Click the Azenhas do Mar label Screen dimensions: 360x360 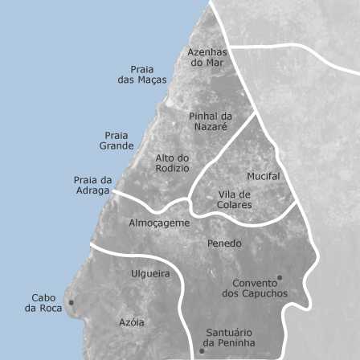click(207, 57)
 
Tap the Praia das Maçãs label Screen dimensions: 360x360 click(142, 75)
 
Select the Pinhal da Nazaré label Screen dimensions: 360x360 click(210, 121)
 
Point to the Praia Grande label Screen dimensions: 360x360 click(117, 141)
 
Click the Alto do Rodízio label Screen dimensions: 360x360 click(172, 163)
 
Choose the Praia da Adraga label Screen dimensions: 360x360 click(92, 186)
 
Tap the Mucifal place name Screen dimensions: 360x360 click(264, 176)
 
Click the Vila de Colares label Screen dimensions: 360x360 click(235, 199)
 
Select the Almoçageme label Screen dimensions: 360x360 click(159, 223)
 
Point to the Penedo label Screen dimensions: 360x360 click(224, 243)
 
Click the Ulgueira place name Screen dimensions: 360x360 click(150, 273)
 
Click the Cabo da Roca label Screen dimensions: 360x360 click(43, 303)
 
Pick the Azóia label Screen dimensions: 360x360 click(132, 322)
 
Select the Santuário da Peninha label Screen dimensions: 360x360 click(229, 337)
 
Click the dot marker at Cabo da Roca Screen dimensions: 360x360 click(72, 303)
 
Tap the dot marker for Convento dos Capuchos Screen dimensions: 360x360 click(279, 278)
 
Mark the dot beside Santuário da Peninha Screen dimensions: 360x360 click(202, 350)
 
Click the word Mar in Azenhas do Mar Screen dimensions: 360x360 click(215, 63)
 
